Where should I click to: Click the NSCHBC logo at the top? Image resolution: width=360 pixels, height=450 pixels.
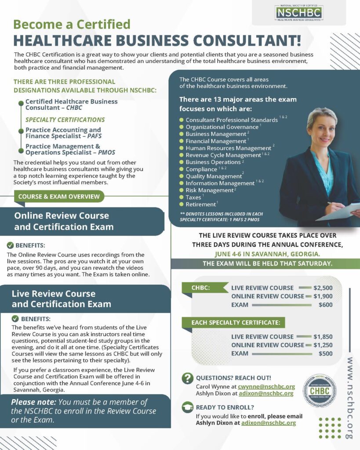(299, 12)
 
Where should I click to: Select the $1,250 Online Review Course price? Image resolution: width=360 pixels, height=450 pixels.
(323, 345)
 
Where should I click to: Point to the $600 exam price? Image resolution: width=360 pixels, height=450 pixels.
(325, 305)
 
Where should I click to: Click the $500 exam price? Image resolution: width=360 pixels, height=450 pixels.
(325, 353)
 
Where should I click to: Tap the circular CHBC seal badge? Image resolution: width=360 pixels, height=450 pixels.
(320, 390)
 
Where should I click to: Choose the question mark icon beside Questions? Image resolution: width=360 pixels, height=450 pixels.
(188, 378)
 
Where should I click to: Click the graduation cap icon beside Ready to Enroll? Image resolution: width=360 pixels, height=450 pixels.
(188, 408)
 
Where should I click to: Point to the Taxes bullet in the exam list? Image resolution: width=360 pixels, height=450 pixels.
(193, 197)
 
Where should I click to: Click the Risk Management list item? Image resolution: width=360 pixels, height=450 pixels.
(210, 190)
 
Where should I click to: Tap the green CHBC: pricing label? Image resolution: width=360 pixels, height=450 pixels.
(200, 288)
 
